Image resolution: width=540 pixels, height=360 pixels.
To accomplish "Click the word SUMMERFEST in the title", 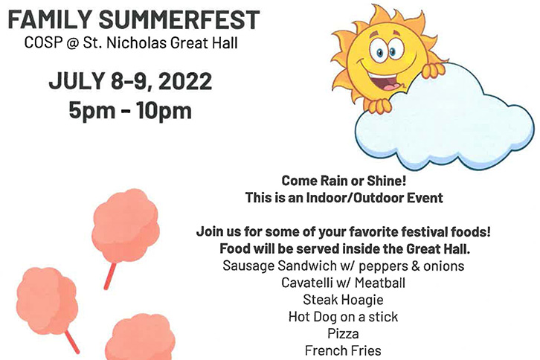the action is click(x=179, y=19).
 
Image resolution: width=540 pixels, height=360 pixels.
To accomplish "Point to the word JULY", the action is click(x=77, y=81).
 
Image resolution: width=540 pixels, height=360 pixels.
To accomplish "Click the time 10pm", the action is click(x=164, y=111).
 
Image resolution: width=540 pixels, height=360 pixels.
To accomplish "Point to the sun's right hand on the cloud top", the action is click(x=433, y=70).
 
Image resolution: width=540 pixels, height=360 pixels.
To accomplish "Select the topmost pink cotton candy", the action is click(x=126, y=225).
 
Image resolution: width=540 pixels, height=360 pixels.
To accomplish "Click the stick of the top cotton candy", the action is click(x=110, y=276).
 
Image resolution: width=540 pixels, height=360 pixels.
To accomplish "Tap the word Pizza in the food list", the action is click(x=343, y=333).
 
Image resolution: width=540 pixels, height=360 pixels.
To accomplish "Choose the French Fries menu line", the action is click(x=343, y=350).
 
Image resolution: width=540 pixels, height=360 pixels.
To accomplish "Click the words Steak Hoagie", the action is click(x=343, y=300).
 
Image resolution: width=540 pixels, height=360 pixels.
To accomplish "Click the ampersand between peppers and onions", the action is click(x=415, y=266).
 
